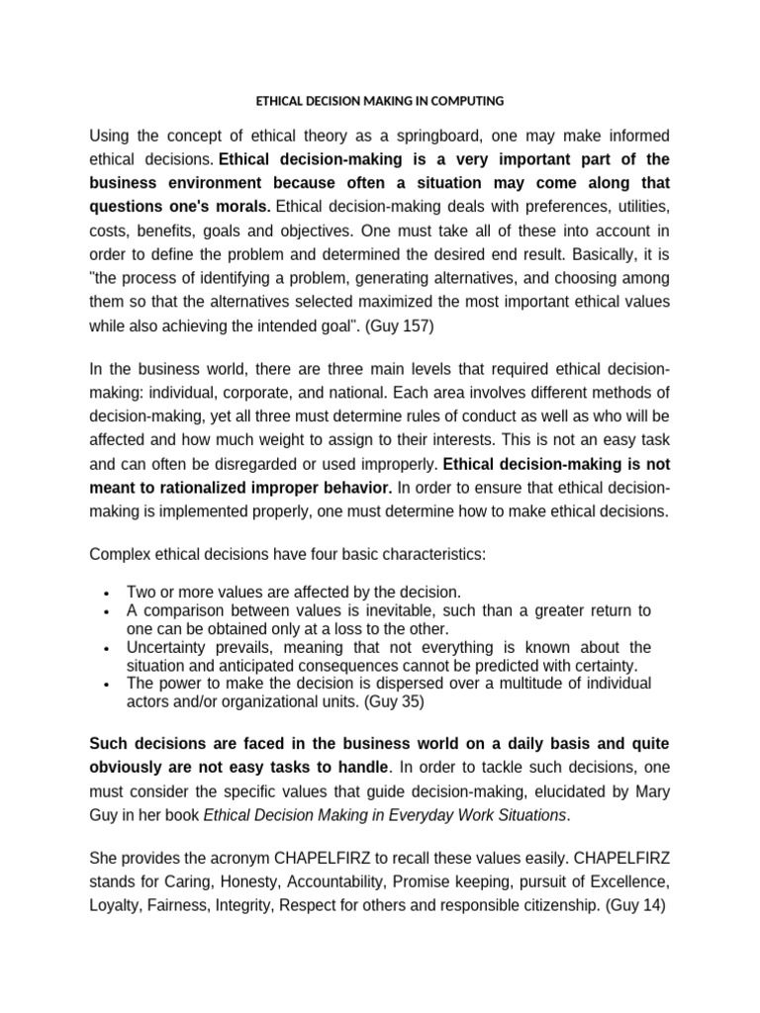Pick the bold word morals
[237, 206]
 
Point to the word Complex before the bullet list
[122, 554]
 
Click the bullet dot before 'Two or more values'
[105, 594]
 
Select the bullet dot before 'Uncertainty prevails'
[105, 648]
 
